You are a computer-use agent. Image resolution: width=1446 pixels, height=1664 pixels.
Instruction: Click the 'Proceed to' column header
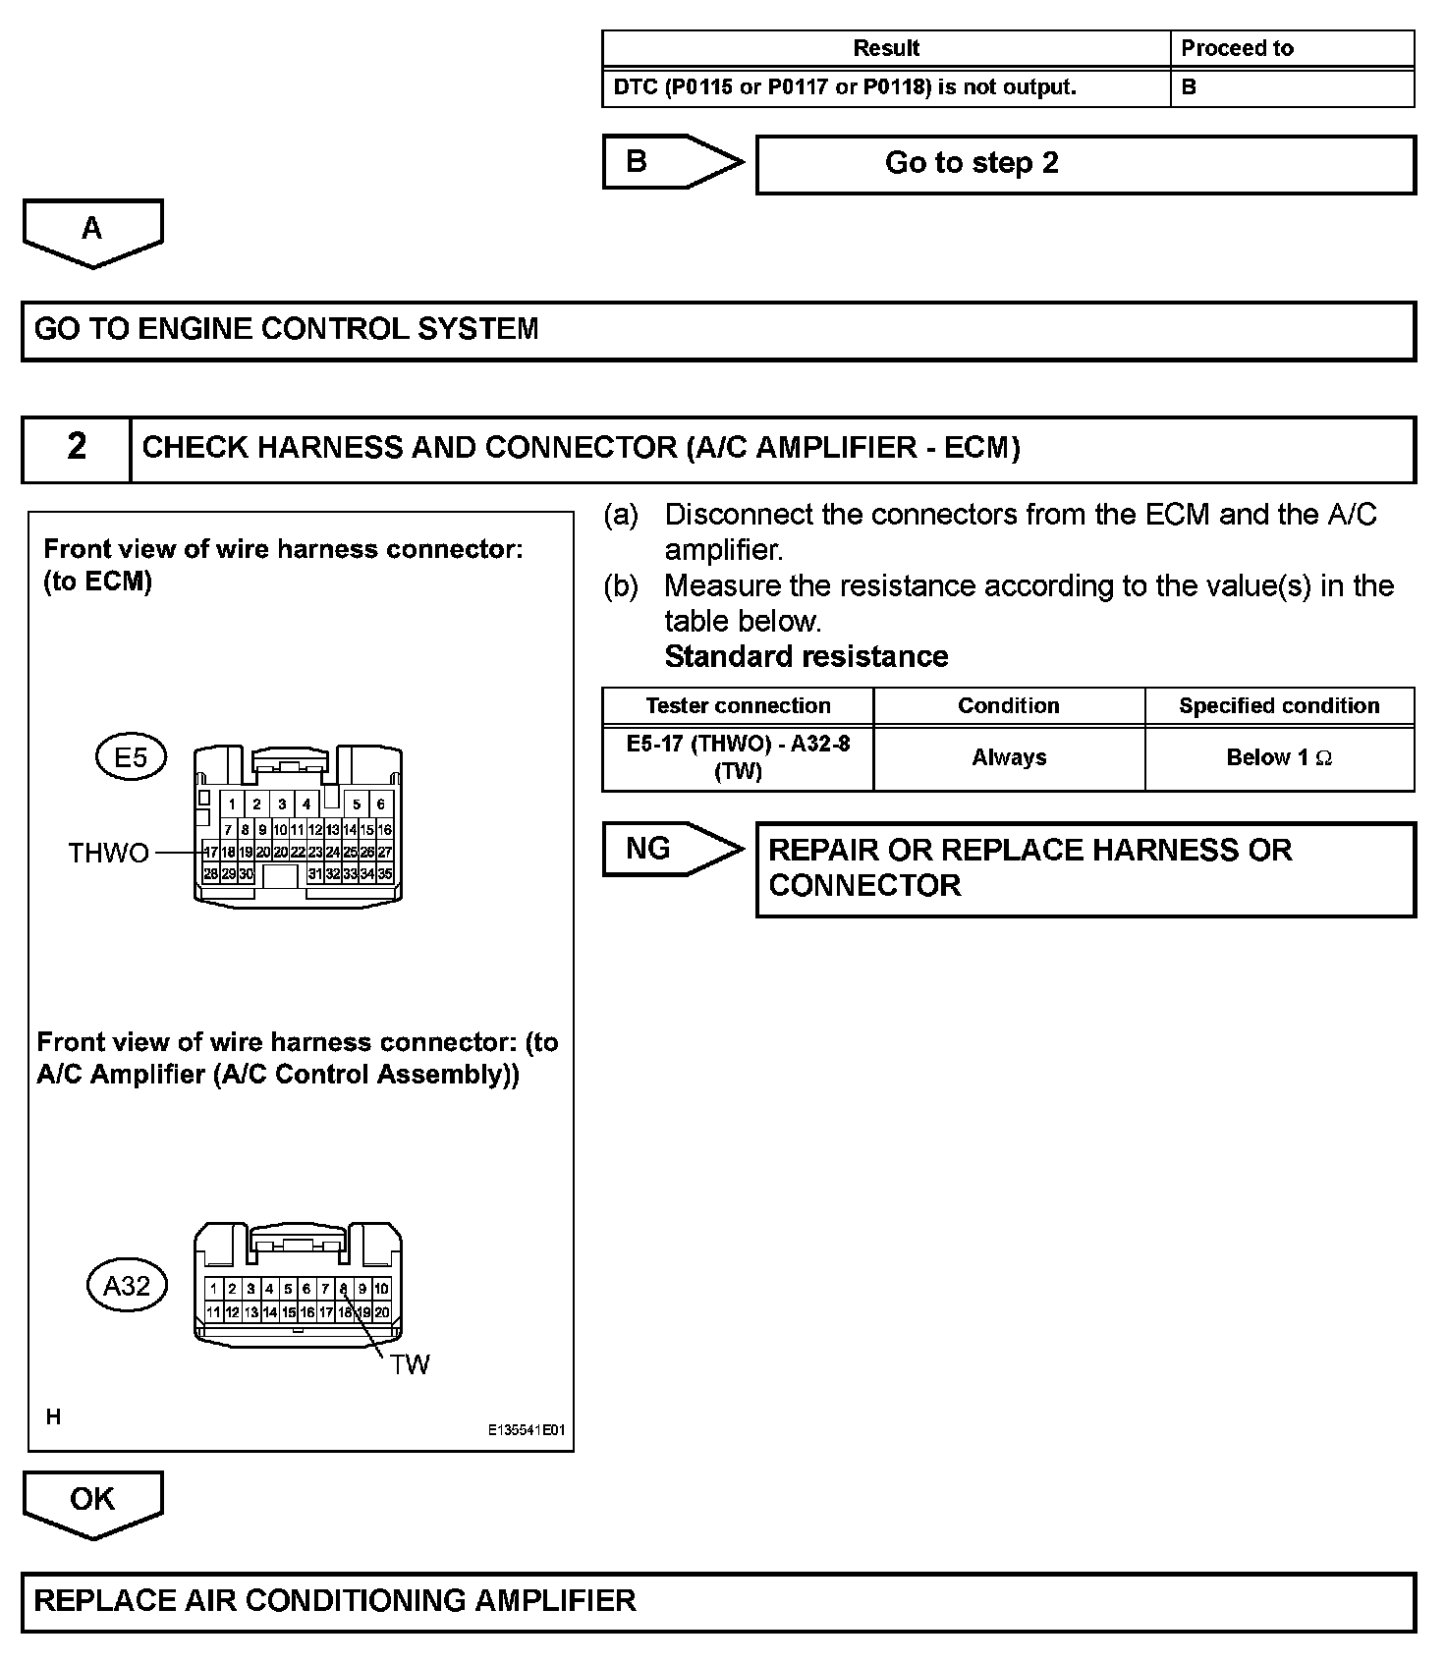(x=1237, y=48)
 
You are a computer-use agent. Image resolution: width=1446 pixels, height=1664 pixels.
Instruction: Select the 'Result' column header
(x=885, y=48)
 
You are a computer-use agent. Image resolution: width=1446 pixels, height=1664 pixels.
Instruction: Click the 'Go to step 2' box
(x=1084, y=164)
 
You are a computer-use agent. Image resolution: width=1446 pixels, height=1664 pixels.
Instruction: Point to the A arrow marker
(x=92, y=232)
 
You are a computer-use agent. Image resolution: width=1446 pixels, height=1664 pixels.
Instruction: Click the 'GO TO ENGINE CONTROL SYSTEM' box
(x=718, y=330)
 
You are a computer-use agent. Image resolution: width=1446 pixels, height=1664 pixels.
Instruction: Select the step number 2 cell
(x=77, y=448)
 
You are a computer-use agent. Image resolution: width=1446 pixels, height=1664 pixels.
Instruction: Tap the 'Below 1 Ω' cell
(x=1279, y=757)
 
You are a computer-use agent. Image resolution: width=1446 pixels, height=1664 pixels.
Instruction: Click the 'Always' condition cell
(x=1009, y=757)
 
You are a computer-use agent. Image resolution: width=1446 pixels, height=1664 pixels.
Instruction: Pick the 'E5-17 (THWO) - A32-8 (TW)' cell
(x=738, y=757)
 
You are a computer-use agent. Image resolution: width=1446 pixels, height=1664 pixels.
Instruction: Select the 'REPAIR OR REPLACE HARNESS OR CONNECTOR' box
(x=1084, y=868)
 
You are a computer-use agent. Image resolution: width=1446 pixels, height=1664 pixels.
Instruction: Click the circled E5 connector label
(x=131, y=757)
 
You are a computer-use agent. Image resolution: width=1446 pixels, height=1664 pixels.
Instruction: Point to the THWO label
(x=109, y=853)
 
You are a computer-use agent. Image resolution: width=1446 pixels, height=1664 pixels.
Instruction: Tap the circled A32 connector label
(x=127, y=1285)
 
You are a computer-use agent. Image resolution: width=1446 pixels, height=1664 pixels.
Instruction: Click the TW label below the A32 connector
(x=409, y=1364)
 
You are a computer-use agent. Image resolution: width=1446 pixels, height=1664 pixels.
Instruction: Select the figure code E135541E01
(x=527, y=1431)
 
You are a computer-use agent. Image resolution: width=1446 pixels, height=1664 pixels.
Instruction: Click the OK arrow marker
(x=92, y=1501)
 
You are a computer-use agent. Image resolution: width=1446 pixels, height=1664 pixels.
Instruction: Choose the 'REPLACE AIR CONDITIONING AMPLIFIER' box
(x=718, y=1602)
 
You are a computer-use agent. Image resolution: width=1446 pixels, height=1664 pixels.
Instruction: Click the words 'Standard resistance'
(x=806, y=656)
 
